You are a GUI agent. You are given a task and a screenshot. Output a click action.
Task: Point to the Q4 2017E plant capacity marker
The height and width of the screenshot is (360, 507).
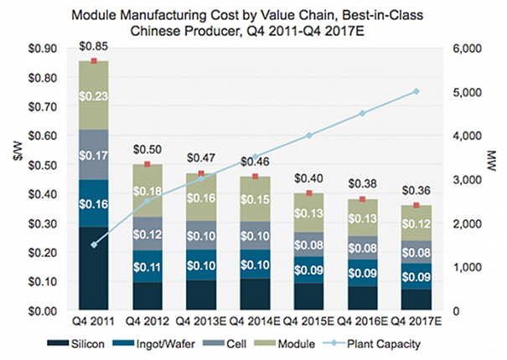(416, 91)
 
